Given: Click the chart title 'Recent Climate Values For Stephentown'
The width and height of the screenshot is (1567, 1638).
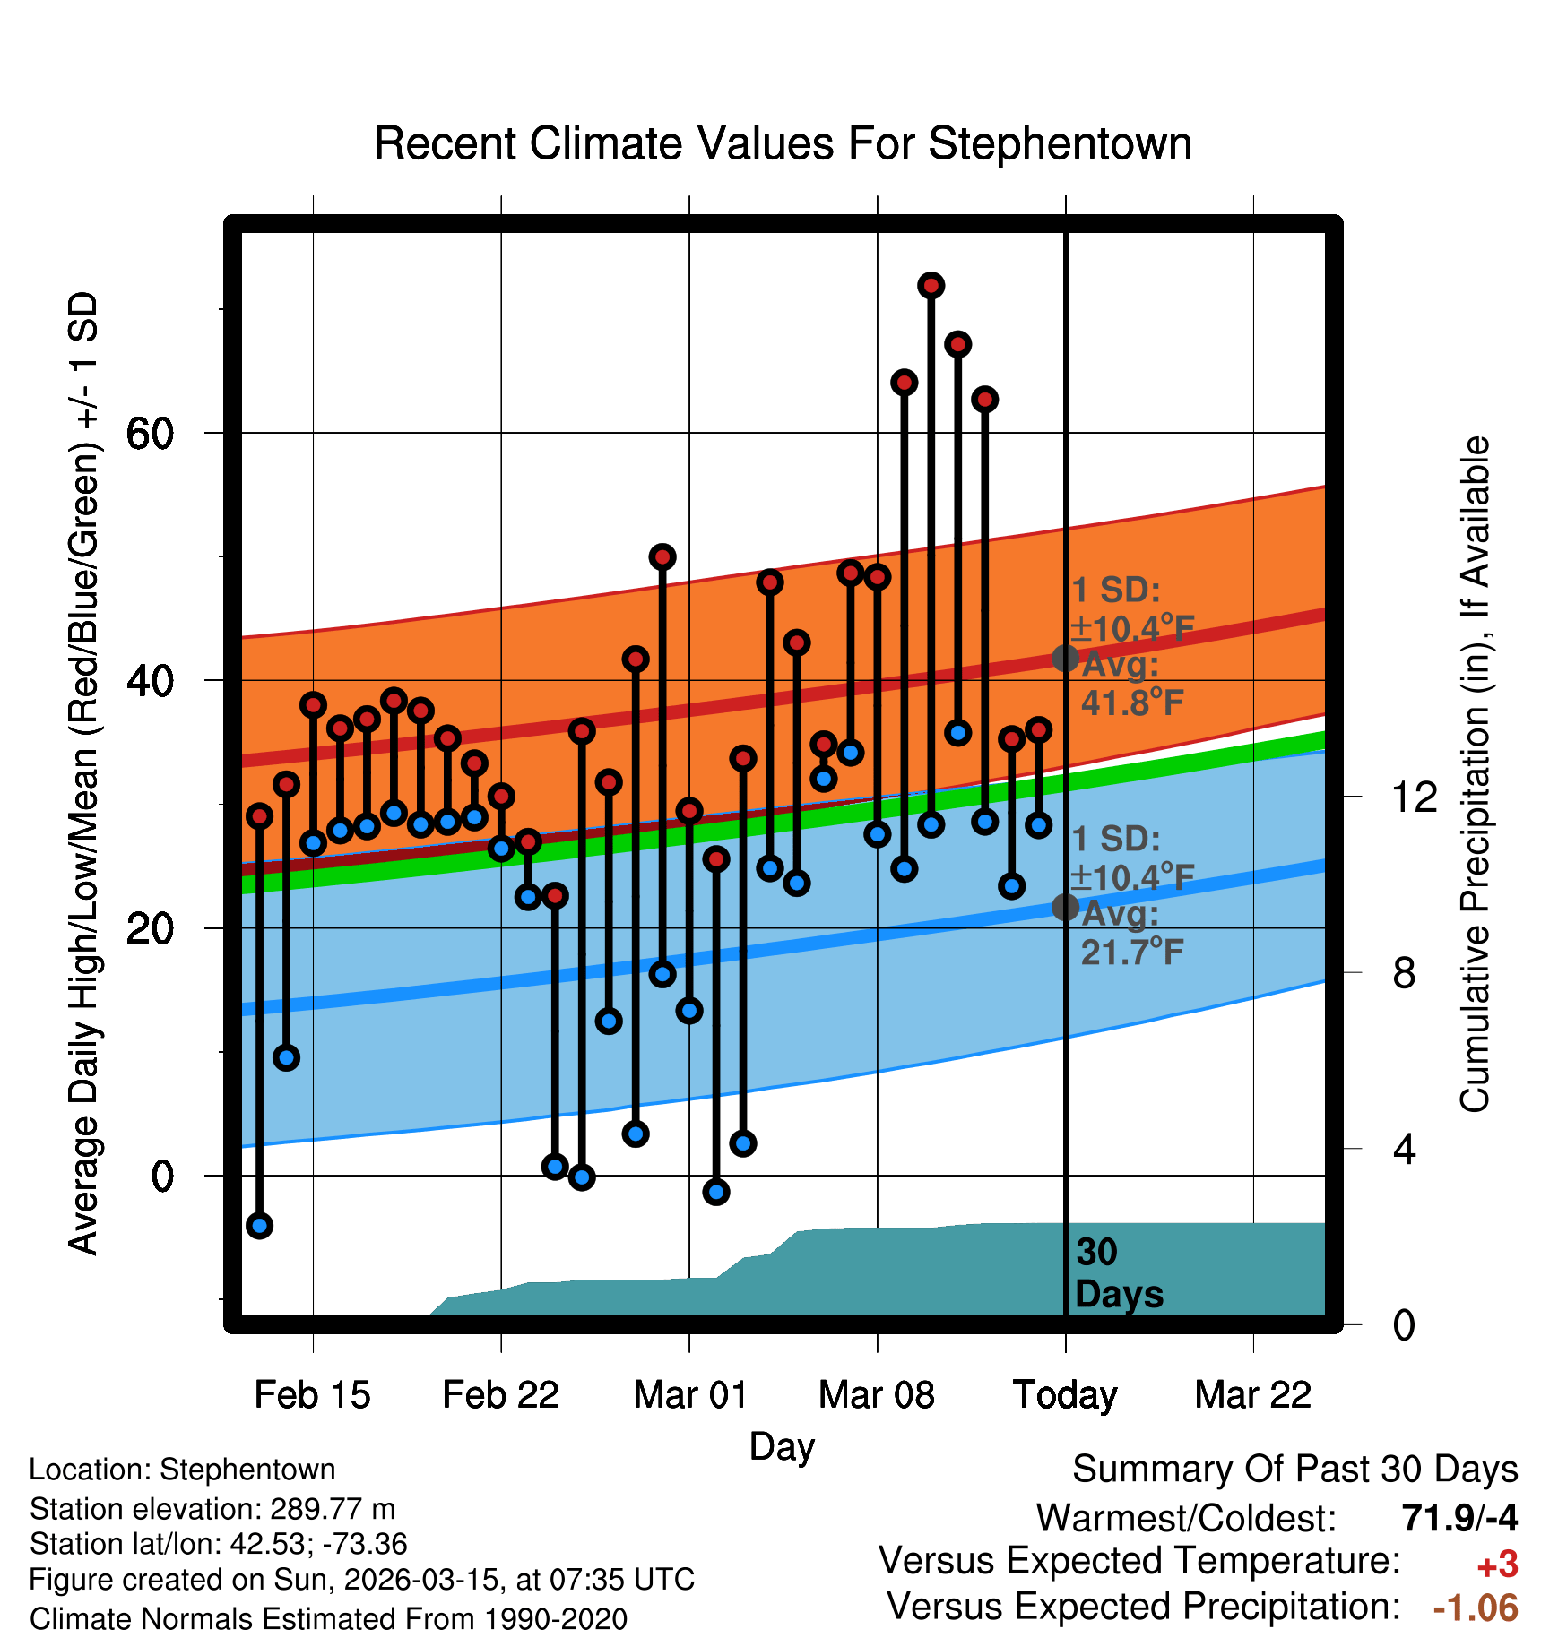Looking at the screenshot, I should tap(783, 143).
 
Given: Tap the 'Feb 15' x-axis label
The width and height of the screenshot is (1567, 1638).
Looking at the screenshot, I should tap(312, 1395).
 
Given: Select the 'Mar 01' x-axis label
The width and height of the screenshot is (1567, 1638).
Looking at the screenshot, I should tap(689, 1395).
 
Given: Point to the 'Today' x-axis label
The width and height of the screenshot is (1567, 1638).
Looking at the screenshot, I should tap(1065, 1395).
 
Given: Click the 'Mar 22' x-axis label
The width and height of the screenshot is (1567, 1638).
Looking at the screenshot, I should tap(1252, 1395).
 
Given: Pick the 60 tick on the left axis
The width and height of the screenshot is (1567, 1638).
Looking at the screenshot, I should tap(150, 434).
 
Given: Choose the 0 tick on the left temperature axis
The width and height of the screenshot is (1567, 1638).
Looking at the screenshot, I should tap(162, 1176).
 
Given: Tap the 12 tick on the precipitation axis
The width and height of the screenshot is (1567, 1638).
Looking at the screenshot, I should tap(1414, 797).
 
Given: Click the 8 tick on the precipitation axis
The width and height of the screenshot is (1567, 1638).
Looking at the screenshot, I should tap(1404, 973).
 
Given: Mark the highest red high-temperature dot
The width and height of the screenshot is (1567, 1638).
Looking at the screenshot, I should tap(931, 286).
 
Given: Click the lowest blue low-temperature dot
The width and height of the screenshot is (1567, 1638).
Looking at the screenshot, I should tap(259, 1225).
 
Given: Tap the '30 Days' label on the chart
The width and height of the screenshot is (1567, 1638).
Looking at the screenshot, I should tap(1118, 1273).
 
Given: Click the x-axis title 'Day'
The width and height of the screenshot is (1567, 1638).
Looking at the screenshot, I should tap(782, 1446).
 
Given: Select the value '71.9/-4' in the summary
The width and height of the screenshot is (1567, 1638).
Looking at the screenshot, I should tap(1459, 1518).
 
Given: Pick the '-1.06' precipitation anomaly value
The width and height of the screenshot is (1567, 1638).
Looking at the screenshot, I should tap(1475, 1608).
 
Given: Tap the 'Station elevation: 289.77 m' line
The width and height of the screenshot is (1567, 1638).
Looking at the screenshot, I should tap(212, 1509).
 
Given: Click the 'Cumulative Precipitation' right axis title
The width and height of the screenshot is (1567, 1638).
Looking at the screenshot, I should tap(1475, 775).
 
